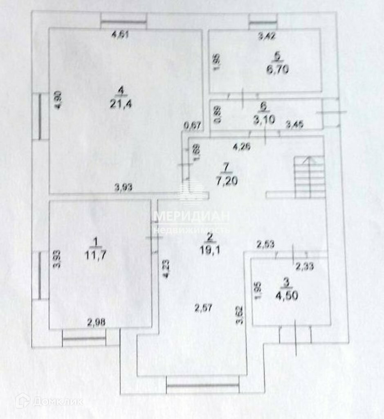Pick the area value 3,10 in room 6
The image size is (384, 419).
point(264,119)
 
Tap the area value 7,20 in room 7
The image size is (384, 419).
point(226,180)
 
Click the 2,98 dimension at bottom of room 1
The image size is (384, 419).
point(97,322)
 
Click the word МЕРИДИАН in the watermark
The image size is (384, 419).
point(192,216)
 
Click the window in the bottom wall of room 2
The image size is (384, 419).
point(203,385)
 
